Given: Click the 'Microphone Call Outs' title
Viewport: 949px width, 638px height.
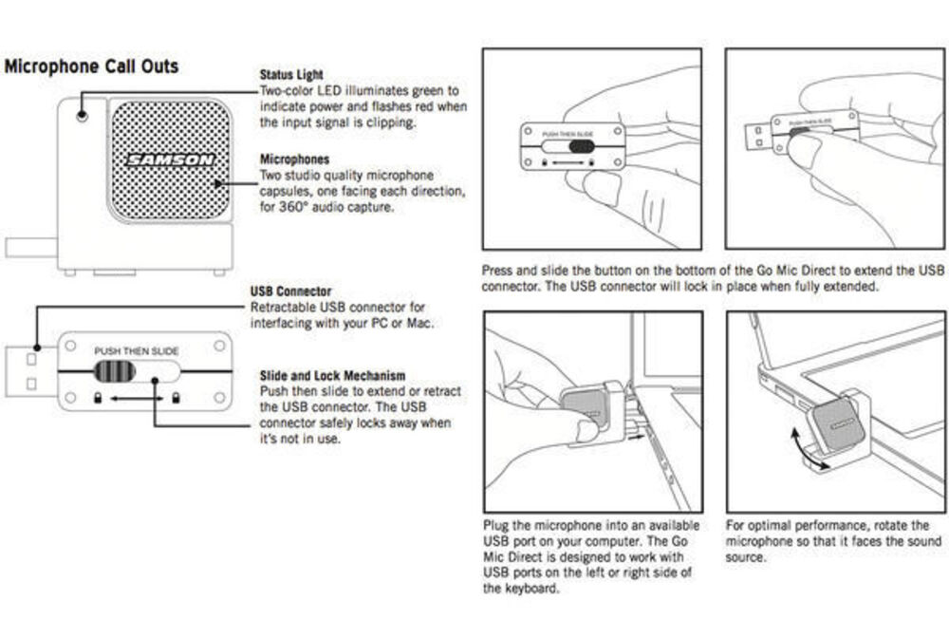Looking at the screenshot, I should pos(91,66).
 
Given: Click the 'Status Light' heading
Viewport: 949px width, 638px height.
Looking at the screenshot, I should pos(291,74).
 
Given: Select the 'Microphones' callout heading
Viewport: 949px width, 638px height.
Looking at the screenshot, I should pos(294,159).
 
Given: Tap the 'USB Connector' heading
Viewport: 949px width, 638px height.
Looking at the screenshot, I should pos(290,292).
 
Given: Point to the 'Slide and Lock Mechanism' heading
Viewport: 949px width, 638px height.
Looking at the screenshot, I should pos(332,376).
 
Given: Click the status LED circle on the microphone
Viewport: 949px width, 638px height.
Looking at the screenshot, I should pos(83,113).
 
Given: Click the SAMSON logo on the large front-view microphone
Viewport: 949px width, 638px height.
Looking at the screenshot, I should pos(172,160).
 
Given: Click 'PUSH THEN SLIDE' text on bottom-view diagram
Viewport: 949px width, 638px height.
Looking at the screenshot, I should pos(136,351).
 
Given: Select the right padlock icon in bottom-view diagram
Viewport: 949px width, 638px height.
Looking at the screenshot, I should pos(176,397).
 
